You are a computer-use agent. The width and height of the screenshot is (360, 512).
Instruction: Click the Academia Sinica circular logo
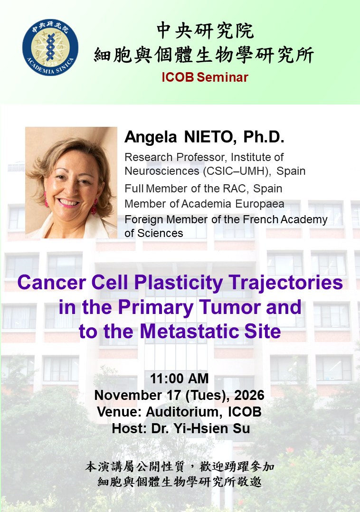coord(50,47)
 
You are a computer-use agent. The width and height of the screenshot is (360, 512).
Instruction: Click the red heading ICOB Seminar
coord(205,77)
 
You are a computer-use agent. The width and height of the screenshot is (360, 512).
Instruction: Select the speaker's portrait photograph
coord(71,182)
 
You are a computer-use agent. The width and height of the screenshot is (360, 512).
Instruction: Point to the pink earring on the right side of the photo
coord(95,206)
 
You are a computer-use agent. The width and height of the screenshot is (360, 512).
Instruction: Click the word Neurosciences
coord(162,171)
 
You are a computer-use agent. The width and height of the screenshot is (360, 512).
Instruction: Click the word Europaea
coord(260,204)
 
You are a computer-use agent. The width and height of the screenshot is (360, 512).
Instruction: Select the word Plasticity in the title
coord(179,283)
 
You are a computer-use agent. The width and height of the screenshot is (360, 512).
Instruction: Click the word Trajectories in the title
coord(285,283)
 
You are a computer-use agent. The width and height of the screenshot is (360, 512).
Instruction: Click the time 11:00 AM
coord(179,379)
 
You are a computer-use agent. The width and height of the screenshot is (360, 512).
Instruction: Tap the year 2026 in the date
coord(249,395)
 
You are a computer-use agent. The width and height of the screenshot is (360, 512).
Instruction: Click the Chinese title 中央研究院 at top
coord(205,31)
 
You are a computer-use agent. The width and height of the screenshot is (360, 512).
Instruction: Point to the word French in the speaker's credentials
coord(261,219)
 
